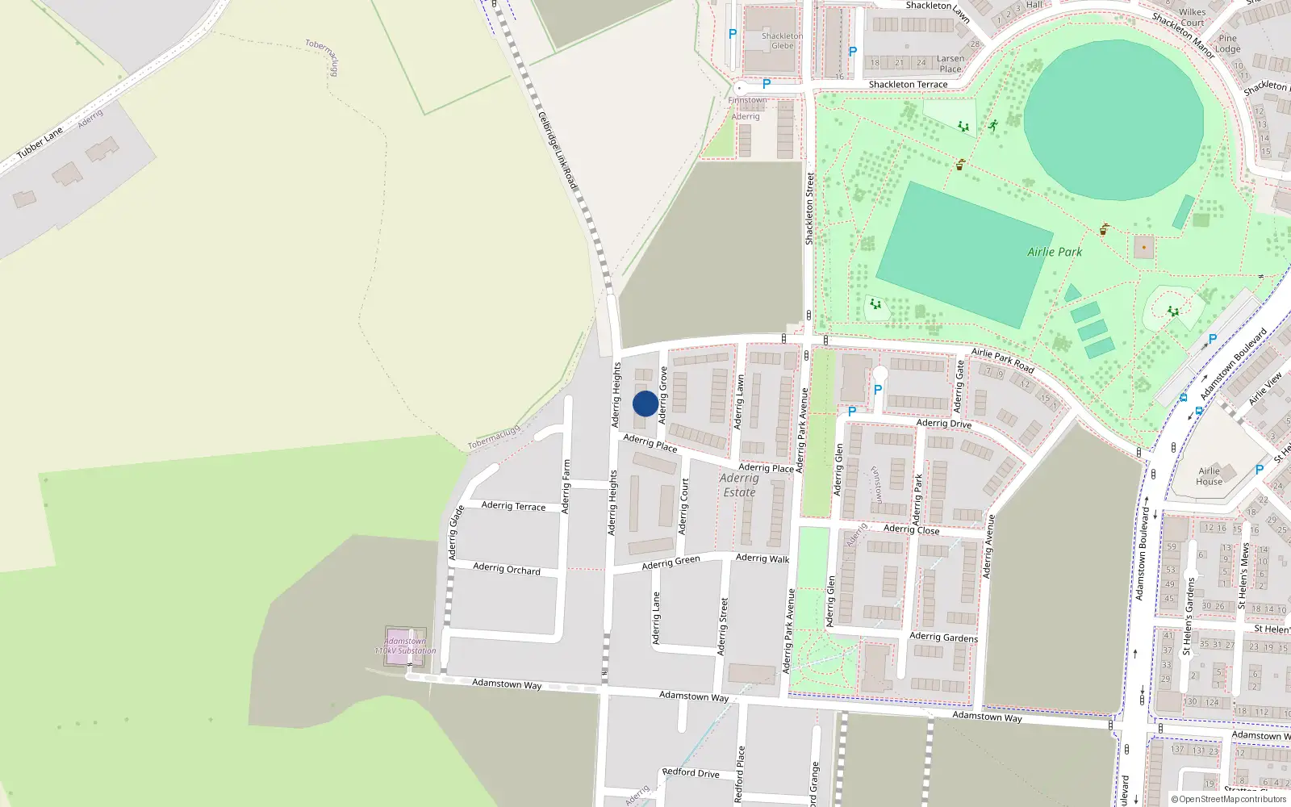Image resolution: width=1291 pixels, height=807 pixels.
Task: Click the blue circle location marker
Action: (x=645, y=403)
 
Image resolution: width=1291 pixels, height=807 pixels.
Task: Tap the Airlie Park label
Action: (x=1055, y=252)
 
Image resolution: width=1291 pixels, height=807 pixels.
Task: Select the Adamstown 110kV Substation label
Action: (x=405, y=646)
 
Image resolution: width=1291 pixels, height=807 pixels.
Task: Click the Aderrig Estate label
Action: (x=739, y=485)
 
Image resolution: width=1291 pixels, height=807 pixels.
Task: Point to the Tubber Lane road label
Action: (x=40, y=142)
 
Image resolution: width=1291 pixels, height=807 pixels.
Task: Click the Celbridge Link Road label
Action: (x=558, y=152)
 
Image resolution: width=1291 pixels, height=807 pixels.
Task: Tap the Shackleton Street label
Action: (x=809, y=208)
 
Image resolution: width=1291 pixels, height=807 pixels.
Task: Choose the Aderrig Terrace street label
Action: (x=513, y=506)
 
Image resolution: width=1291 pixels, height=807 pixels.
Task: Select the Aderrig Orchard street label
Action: (x=507, y=568)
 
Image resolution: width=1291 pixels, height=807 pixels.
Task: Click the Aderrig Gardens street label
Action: (x=943, y=637)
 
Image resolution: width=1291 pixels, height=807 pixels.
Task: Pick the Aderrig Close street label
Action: (x=911, y=529)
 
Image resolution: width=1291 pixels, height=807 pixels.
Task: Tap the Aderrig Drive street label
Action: (x=944, y=423)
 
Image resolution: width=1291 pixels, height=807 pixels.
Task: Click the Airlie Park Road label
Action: (x=1002, y=360)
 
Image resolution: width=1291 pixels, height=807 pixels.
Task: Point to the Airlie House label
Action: (x=1209, y=476)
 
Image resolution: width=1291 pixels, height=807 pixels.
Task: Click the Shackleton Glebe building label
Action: (x=782, y=40)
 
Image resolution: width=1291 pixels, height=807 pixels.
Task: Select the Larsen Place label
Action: (x=950, y=63)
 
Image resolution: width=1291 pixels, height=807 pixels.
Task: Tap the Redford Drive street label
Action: (x=691, y=772)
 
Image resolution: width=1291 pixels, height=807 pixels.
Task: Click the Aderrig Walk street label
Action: (x=762, y=558)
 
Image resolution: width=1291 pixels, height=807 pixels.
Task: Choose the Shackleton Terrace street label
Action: (x=908, y=84)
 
